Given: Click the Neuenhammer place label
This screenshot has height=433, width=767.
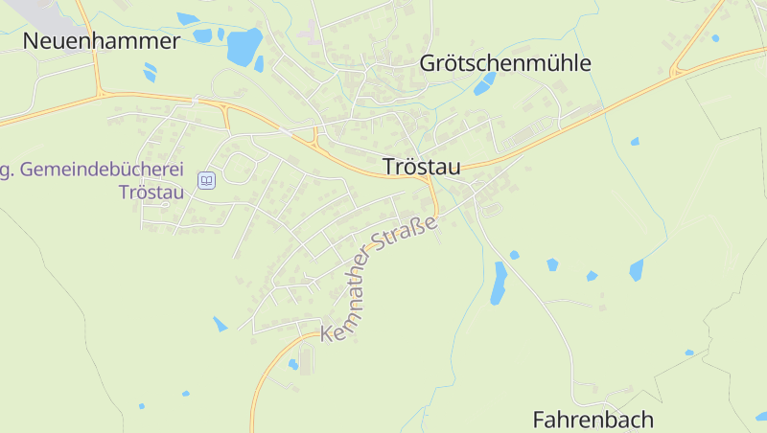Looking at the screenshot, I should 102,41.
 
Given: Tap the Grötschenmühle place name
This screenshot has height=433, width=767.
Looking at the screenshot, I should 505,64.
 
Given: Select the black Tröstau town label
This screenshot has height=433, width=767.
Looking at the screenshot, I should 421,166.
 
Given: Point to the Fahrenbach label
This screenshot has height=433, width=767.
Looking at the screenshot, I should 593,420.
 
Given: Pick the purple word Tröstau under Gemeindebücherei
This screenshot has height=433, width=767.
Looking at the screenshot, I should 151,192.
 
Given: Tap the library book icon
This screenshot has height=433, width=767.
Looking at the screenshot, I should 206,180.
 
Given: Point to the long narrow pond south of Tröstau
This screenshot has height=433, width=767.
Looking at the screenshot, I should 499,283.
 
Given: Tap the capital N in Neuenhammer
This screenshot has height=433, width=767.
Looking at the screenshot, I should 32,41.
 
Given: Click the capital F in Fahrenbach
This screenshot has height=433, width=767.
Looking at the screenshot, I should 539,420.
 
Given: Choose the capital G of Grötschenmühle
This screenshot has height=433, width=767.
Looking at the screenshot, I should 429,64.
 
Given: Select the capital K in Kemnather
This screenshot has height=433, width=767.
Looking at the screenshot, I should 328,332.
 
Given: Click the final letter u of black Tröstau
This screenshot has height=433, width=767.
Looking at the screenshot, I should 453,167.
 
